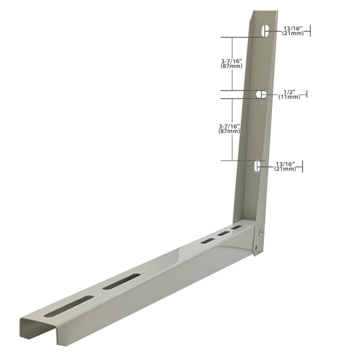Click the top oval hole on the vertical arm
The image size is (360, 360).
tap(266, 31)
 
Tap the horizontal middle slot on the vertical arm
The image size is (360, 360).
tap(261, 94)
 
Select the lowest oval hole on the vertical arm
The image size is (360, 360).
tap(258, 166)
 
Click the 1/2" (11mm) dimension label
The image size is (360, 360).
tap(289, 94)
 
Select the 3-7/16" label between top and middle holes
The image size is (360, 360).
tap(231, 63)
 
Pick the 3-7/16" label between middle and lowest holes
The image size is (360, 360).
tap(229, 129)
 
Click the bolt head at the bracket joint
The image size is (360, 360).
tap(261, 232)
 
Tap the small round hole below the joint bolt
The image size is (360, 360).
tap(255, 247)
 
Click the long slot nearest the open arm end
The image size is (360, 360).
tap(68, 306)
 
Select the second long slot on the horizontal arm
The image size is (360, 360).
tap(121, 281)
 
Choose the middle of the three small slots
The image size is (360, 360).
tap(223, 234)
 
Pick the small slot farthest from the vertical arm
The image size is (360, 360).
tap(208, 240)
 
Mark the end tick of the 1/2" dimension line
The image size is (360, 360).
tap(307, 94)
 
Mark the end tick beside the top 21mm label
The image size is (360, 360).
tap(310, 31)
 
